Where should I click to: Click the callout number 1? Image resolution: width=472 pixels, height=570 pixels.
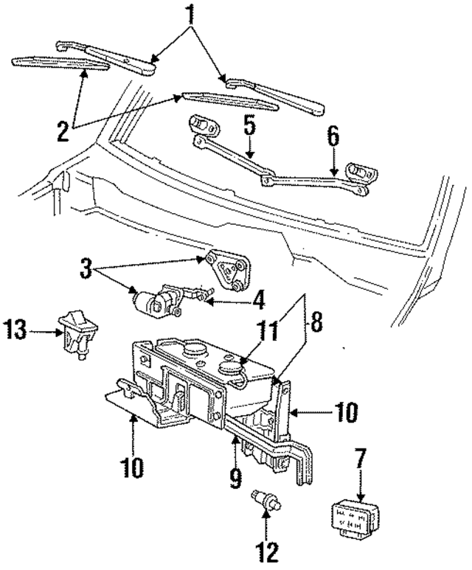[x=191, y=13]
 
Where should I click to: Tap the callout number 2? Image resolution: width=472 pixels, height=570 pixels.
[x=63, y=130]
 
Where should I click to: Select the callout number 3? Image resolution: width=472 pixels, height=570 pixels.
[x=87, y=267]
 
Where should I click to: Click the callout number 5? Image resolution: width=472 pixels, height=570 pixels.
[x=249, y=125]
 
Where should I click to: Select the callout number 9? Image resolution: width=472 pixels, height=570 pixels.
[x=235, y=480]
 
